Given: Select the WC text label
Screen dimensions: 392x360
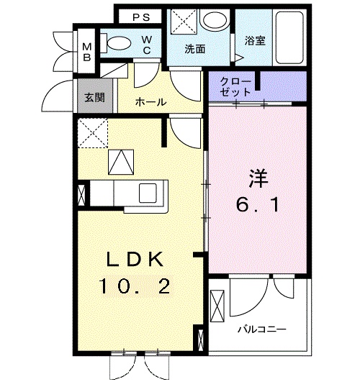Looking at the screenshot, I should point(146,45).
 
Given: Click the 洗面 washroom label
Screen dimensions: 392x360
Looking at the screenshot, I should point(195,50).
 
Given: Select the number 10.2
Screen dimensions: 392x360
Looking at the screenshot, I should point(136,286).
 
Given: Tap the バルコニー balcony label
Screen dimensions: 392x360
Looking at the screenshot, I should point(262,329).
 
